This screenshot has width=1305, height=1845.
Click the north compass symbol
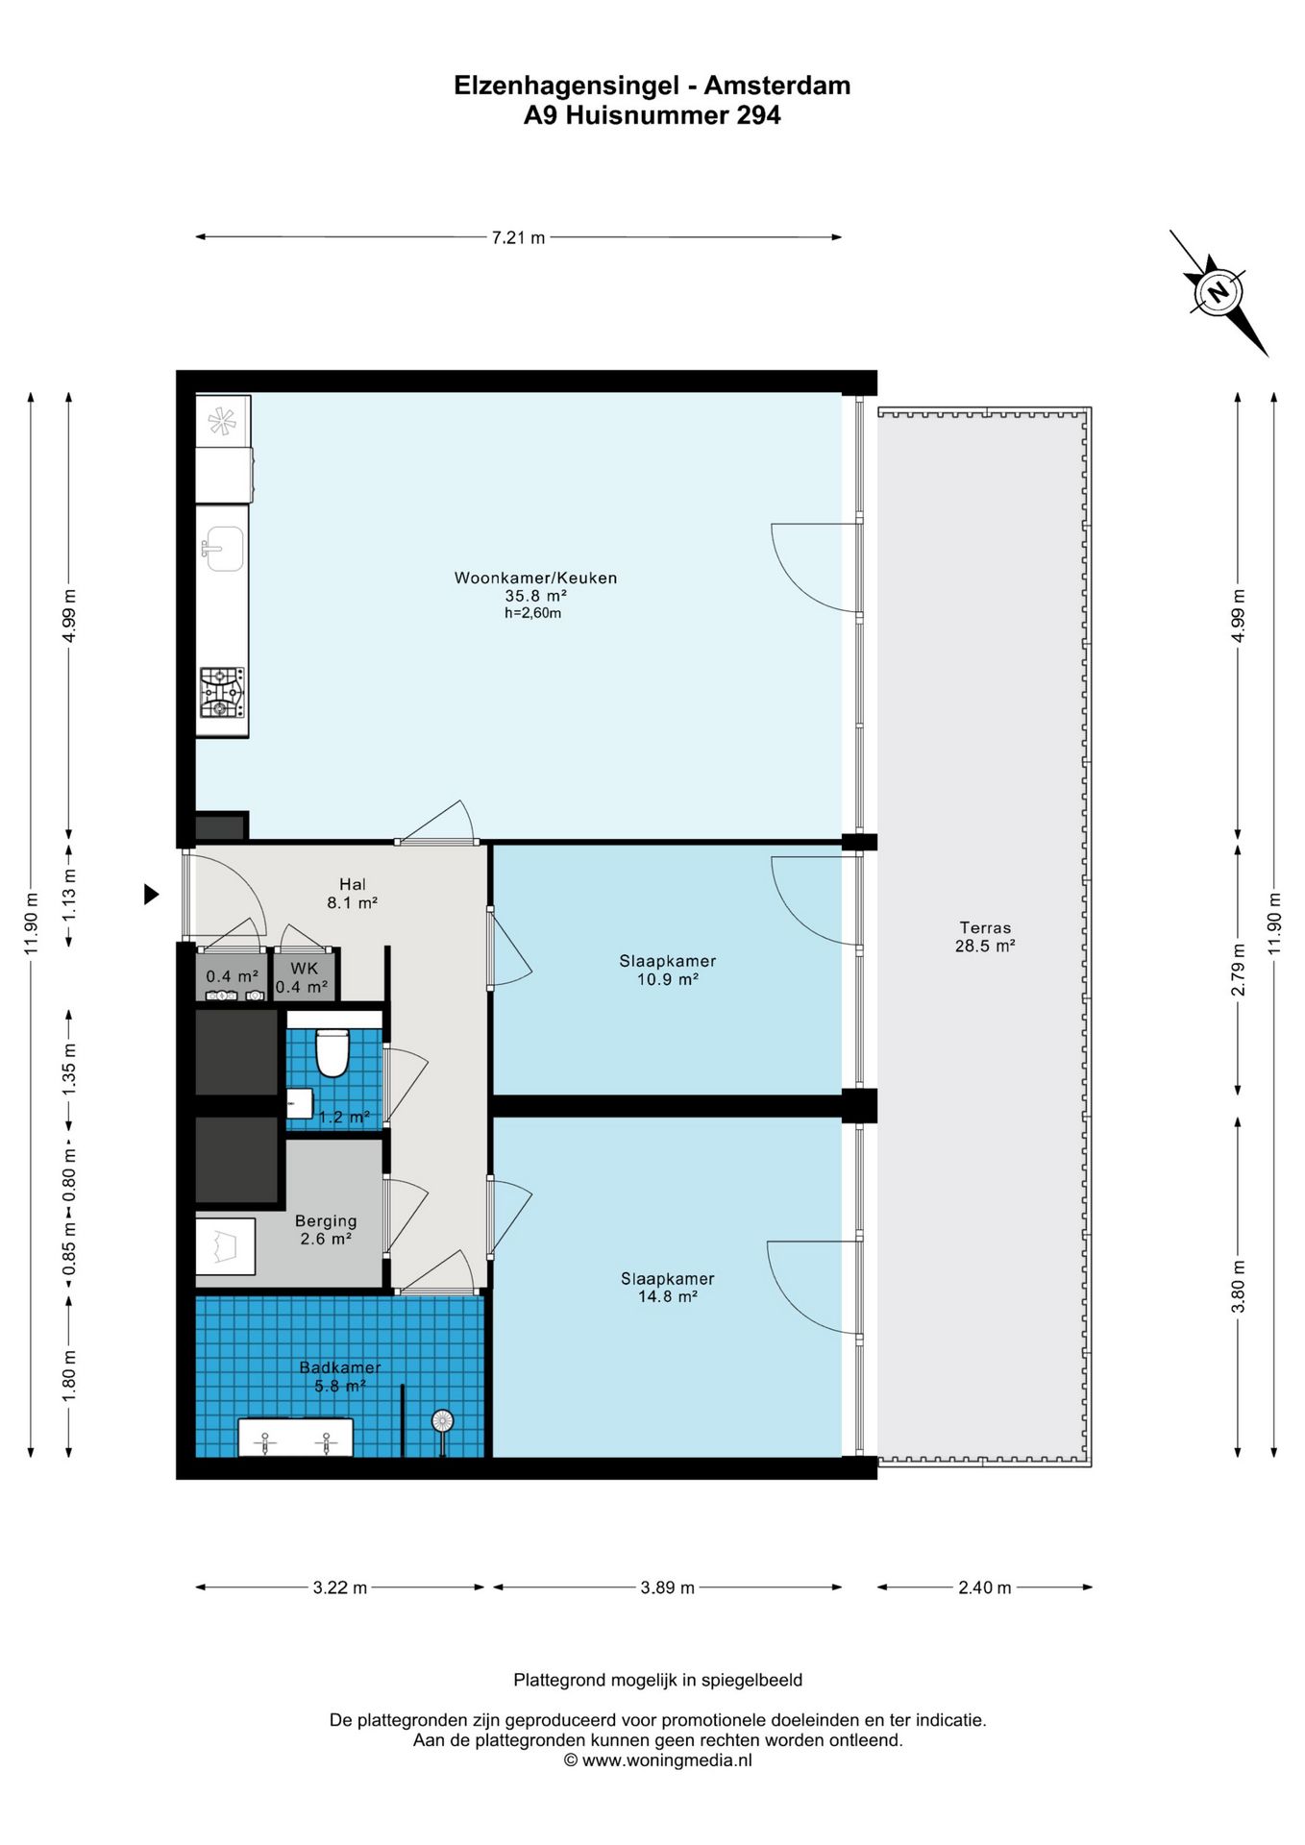coord(1219,292)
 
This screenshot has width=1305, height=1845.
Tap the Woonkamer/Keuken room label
coord(535,578)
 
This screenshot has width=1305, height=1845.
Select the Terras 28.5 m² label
coord(985,937)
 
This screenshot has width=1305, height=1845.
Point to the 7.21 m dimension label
coord(518,237)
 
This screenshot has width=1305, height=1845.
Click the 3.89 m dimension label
coord(667,1587)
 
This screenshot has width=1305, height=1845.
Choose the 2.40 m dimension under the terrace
coord(984,1587)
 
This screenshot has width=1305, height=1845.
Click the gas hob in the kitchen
coord(222,693)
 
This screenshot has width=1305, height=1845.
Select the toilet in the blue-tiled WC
coord(332,1053)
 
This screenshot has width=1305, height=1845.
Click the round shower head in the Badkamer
coord(442,1420)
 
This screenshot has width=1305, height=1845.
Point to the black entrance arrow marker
coord(151,895)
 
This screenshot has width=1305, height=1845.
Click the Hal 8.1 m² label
coord(352,894)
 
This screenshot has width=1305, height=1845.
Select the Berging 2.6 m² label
coord(326,1230)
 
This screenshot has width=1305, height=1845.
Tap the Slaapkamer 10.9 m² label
coord(668,970)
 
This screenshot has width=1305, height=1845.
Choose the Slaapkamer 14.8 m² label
coord(668,1288)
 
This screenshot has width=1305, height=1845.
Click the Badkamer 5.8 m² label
coord(340,1376)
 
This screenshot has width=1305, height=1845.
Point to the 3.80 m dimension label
coord(1239,1287)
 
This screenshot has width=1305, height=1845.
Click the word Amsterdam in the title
coord(777,86)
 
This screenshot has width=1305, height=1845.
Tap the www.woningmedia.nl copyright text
coord(657,1760)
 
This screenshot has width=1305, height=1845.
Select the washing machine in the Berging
coord(225,1246)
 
